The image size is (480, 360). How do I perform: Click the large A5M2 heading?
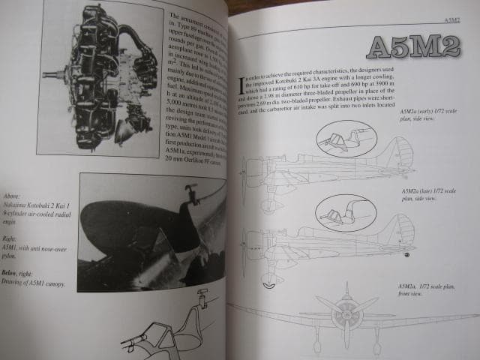coord(418,50)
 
